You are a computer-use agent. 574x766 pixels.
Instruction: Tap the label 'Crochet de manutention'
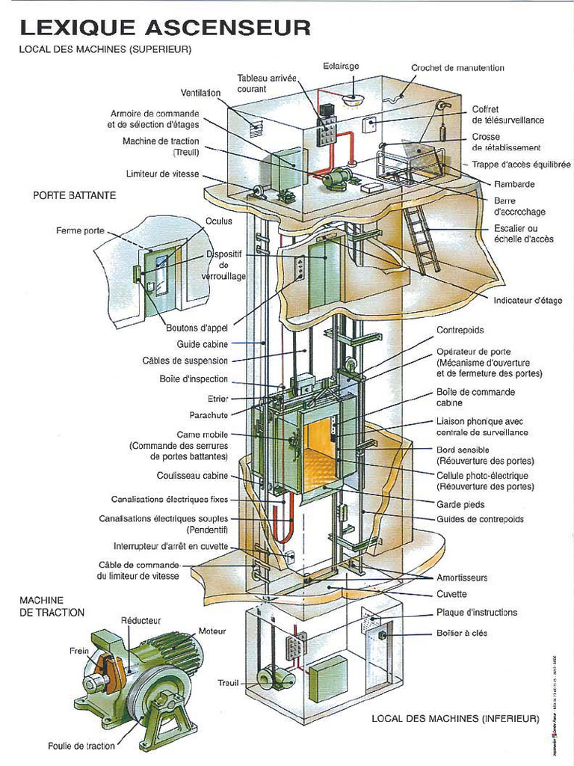tap(457, 68)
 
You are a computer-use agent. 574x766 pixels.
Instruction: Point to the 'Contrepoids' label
tap(460, 329)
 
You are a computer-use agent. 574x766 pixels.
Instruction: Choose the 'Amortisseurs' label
tap(462, 577)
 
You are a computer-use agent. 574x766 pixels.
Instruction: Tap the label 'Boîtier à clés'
tap(461, 633)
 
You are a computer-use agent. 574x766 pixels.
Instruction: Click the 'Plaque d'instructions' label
tap(476, 613)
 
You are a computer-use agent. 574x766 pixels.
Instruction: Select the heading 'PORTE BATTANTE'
tap(74, 194)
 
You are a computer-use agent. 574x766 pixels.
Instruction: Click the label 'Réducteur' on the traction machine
tap(141, 621)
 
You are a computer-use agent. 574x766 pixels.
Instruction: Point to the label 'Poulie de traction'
tap(81, 745)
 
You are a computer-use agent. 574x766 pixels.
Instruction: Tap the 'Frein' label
tap(79, 651)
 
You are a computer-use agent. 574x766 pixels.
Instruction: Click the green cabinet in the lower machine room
tap(329, 678)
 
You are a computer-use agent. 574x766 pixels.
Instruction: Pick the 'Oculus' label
tap(219, 221)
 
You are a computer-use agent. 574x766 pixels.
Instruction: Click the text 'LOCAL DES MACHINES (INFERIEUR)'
tap(454, 719)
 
